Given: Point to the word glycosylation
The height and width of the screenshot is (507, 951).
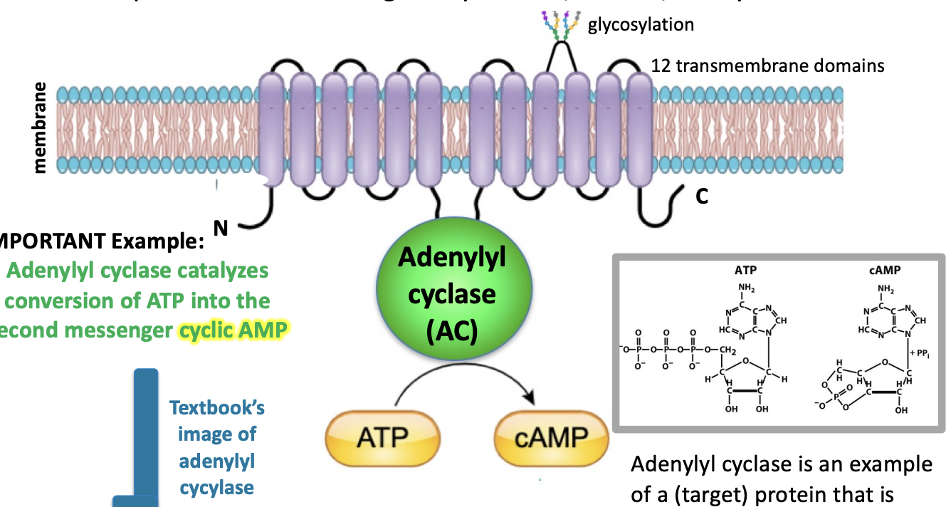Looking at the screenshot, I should click(641, 25).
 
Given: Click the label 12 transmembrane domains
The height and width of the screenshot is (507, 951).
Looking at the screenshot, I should click(768, 66).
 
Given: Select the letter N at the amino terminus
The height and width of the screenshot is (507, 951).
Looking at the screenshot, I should click(221, 228).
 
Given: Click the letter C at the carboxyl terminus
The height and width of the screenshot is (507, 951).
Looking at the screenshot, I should click(702, 197).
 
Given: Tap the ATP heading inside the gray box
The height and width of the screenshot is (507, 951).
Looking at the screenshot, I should click(745, 271).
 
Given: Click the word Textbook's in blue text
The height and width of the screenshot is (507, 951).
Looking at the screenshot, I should click(217, 408).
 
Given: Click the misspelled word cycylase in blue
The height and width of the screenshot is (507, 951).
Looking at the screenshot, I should click(216, 488).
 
